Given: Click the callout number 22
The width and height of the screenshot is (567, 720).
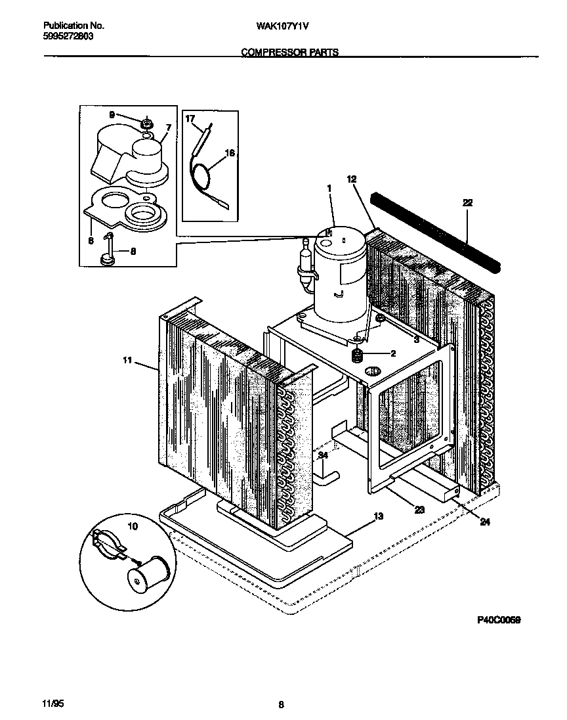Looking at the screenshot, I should pyautogui.click(x=467, y=203).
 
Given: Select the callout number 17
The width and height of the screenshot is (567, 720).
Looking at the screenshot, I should pyautogui.click(x=190, y=120).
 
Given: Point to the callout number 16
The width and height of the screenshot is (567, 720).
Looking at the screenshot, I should pyautogui.click(x=230, y=154).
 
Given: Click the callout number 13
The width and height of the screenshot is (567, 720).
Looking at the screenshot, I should pyautogui.click(x=378, y=517).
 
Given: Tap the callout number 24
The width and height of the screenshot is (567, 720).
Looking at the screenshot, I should pyautogui.click(x=484, y=523).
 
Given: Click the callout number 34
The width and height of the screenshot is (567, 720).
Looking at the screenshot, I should pyautogui.click(x=323, y=455).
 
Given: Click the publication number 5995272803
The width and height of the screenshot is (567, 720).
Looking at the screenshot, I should pyautogui.click(x=68, y=37).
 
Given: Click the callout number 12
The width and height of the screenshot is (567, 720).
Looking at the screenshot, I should pyautogui.click(x=351, y=179).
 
